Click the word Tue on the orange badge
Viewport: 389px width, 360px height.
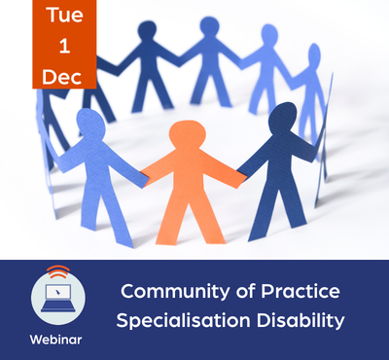coord(64,15)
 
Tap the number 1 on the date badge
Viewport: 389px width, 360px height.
coord(64,46)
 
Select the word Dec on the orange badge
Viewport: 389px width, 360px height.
coord(62,77)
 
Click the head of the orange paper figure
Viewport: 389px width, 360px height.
coord(188,134)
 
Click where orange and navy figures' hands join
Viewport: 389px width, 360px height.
coord(242,177)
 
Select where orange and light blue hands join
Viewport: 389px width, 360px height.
coord(144,178)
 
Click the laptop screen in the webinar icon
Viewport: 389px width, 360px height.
coord(58,292)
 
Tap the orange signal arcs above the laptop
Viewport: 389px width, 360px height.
coord(58,272)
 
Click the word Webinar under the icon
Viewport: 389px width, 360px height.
coord(55,340)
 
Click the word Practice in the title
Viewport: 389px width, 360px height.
coord(301,291)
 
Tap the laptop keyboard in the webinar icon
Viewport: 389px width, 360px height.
coord(58,306)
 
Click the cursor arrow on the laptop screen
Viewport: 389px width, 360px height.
coord(57,292)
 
